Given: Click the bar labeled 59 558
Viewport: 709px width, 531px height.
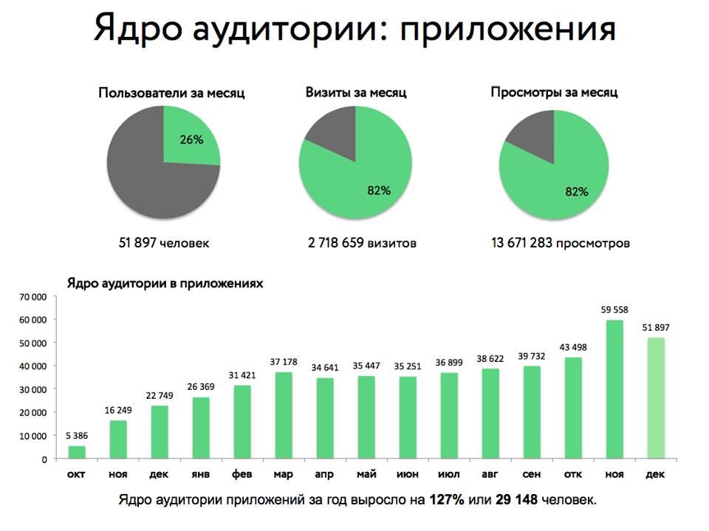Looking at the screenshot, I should tap(614, 389).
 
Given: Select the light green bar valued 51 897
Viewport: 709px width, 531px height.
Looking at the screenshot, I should tap(656, 398).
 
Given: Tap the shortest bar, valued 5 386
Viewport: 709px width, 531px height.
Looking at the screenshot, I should tap(77, 452).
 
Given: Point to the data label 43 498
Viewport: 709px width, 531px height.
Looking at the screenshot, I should tap(573, 348).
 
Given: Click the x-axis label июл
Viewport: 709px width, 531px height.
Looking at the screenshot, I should tap(449, 473).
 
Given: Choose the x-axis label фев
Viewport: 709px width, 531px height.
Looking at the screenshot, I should tap(242, 473).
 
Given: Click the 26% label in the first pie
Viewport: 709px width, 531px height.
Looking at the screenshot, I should tap(191, 139).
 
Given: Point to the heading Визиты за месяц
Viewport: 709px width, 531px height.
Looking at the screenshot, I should tap(356, 93).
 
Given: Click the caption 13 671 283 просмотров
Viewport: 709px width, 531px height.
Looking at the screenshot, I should tap(560, 243).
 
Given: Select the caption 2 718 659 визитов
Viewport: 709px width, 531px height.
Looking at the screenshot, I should tap(362, 243).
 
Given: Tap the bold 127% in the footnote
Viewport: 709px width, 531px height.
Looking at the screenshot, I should tap(448, 500).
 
